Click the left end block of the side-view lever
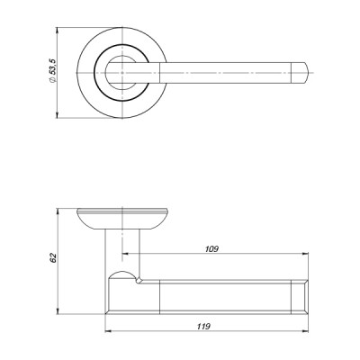(x=121, y=292)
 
